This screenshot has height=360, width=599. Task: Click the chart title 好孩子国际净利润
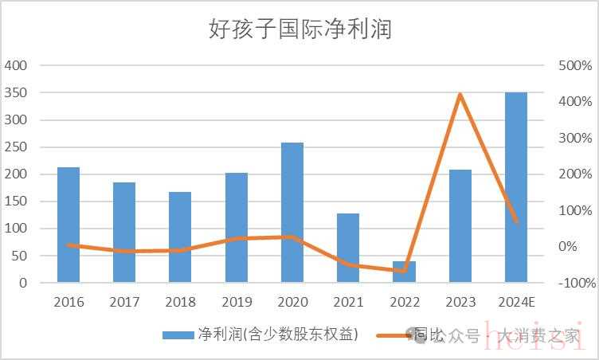coord(300,30)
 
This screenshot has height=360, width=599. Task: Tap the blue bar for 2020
coord(292,213)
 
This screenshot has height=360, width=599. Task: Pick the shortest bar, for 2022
coord(405,272)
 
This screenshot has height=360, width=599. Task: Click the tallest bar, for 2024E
coord(516,187)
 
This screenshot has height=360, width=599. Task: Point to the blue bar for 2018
coord(180,237)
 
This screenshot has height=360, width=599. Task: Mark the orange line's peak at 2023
coord(460,95)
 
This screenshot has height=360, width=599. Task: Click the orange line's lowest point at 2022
coord(404,271)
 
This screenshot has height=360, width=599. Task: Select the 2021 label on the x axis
coord(348,303)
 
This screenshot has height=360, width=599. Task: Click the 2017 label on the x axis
coord(124,303)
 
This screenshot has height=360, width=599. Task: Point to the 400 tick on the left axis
coord(16,65)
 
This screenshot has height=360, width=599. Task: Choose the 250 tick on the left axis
coord(16,147)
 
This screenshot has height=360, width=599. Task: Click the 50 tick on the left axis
coord(19,256)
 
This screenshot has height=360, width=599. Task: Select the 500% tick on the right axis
coord(575,65)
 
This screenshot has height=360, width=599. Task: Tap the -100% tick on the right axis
coord(575,283)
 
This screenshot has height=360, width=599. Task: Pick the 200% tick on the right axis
coord(575,174)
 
